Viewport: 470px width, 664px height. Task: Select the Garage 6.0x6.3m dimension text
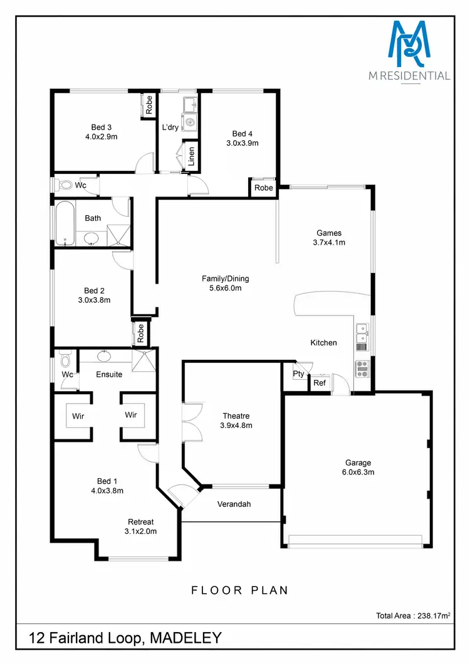[x=358, y=472]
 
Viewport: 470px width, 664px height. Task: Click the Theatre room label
[x=236, y=416]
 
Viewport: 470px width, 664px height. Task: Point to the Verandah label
[x=234, y=504]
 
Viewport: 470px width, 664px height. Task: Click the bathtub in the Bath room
[x=64, y=223]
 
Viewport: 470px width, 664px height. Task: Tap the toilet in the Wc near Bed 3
[x=65, y=185]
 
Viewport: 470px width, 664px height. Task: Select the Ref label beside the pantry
[x=319, y=383]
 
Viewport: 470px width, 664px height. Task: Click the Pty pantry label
[x=298, y=374]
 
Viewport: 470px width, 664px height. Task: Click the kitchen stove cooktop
[x=362, y=369]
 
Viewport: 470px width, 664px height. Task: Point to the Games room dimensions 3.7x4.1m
[x=329, y=242]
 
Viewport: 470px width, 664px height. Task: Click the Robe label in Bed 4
[x=264, y=188]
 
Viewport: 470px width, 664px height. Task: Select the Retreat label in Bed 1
[x=141, y=522]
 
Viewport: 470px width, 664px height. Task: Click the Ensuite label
[x=109, y=374]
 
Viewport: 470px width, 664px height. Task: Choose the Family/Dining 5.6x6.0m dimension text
[x=221, y=289]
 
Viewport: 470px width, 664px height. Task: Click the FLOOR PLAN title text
[x=239, y=590]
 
